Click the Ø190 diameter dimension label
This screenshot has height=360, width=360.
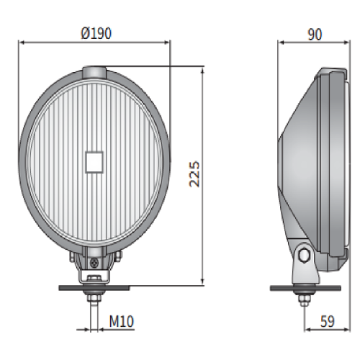(96, 33)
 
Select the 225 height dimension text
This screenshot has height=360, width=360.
(194, 174)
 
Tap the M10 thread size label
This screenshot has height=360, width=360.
(122, 321)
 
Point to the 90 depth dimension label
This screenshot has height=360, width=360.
(315, 35)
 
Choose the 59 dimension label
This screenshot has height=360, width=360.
(327, 322)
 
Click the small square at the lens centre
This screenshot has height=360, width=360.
(94, 162)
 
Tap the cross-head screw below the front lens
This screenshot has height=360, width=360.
(94, 264)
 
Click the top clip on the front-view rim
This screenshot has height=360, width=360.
(94, 72)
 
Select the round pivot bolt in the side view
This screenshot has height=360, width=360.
(304, 255)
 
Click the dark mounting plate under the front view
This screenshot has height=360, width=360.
(94, 288)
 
